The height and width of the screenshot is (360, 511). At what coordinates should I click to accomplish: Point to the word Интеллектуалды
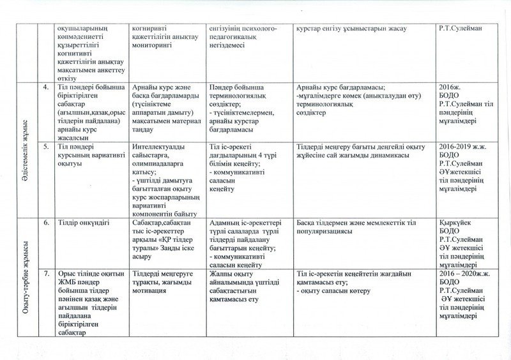coord(157,146)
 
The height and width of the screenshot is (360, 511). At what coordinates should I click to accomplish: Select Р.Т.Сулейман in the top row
coord(459,29)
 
